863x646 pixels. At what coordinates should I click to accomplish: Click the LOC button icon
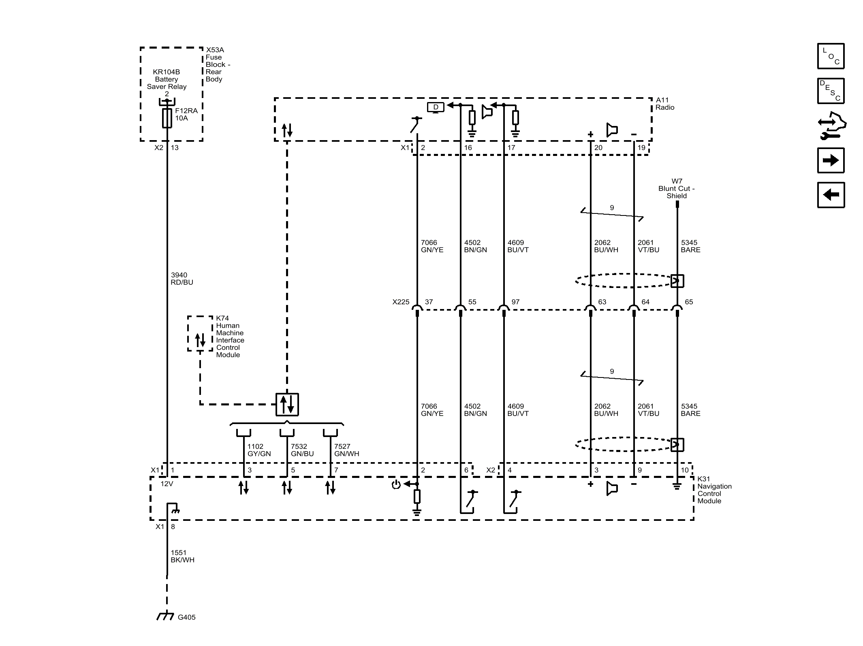click(831, 56)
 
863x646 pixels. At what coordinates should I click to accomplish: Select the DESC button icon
click(831, 91)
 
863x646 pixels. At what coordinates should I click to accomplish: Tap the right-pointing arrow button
click(831, 160)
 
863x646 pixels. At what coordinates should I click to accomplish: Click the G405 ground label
click(186, 617)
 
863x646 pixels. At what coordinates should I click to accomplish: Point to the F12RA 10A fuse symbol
click(167, 118)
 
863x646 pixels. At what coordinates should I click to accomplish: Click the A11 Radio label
click(665, 104)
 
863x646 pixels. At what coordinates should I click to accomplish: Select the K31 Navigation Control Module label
click(714, 490)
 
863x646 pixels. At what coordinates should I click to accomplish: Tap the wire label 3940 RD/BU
click(182, 279)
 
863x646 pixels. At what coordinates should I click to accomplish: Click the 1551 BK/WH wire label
click(182, 556)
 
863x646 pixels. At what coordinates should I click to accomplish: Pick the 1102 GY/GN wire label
click(259, 450)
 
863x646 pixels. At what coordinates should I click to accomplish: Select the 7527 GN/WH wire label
click(346, 450)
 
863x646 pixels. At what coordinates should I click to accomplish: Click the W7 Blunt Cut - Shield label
click(677, 188)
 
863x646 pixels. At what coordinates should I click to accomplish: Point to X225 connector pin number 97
click(515, 302)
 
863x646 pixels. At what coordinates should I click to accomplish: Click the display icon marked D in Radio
click(436, 107)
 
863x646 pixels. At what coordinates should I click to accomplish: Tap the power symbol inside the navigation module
click(396, 484)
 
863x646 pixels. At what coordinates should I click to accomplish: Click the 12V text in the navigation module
click(167, 484)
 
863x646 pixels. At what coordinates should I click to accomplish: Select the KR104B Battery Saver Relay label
click(167, 79)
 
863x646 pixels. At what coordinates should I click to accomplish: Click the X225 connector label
click(401, 302)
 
